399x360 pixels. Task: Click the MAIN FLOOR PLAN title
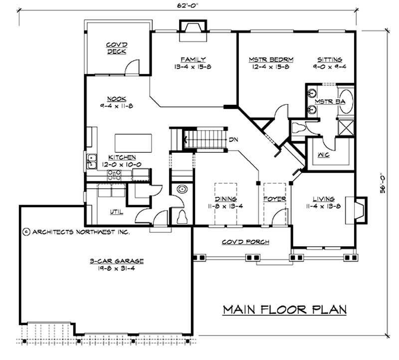(x=284, y=309)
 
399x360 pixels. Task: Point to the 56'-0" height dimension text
(x=382, y=183)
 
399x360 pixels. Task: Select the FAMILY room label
(x=194, y=59)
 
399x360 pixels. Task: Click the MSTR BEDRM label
(x=271, y=59)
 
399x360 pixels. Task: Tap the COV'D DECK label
(x=116, y=47)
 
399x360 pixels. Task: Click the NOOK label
(x=115, y=98)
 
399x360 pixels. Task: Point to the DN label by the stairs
(x=233, y=139)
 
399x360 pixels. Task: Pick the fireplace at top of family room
(x=192, y=29)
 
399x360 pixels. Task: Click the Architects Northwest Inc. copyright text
(x=76, y=232)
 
